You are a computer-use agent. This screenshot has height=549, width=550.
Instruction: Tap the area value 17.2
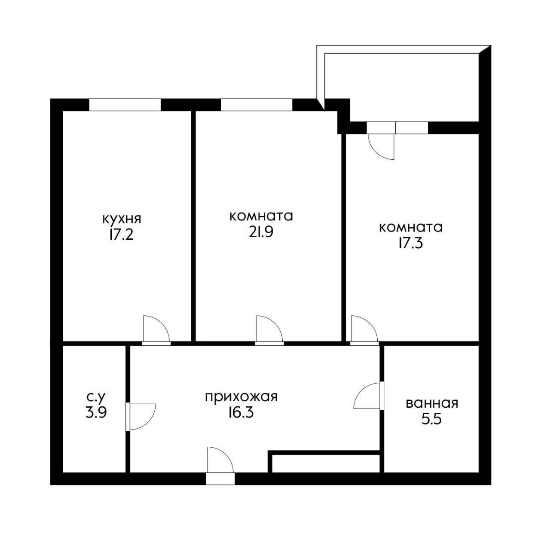pyautogui.click(x=121, y=235)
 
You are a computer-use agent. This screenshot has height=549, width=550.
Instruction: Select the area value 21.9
pyautogui.click(x=260, y=232)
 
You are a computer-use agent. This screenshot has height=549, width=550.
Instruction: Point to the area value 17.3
pyautogui.click(x=410, y=244)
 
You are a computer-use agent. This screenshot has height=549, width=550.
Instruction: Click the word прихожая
pyautogui.click(x=241, y=397)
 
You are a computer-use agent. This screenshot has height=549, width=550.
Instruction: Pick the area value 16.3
pyautogui.click(x=241, y=412)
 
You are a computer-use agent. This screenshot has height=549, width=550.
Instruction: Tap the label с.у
pyautogui.click(x=96, y=396)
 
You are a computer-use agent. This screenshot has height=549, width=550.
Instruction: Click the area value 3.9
pyautogui.click(x=96, y=412)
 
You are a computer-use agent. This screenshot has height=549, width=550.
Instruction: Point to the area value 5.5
pyautogui.click(x=431, y=419)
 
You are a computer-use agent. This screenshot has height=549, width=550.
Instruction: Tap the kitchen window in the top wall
pyautogui.click(x=125, y=105)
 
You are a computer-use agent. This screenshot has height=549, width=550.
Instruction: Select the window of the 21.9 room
pyautogui.click(x=257, y=105)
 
